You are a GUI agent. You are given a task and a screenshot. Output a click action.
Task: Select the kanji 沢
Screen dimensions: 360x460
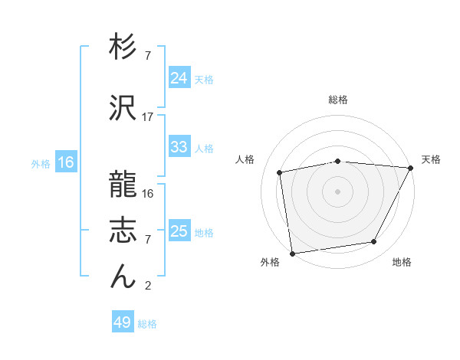[123, 109]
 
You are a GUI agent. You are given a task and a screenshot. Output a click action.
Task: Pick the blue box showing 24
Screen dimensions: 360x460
[179, 78]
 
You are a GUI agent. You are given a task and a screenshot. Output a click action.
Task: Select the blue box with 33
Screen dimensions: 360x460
[179, 147]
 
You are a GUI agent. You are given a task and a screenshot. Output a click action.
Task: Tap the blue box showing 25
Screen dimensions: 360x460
[179, 231]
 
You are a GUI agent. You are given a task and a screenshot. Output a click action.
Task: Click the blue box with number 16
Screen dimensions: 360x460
[65, 162]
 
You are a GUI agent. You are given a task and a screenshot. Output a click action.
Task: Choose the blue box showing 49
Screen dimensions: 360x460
[123, 322]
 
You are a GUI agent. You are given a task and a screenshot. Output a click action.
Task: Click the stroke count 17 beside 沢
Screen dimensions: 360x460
[148, 117]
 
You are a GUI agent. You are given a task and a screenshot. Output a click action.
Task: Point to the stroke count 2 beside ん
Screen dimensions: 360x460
[148, 286]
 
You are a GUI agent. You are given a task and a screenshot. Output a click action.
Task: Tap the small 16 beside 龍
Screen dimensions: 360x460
[148, 194]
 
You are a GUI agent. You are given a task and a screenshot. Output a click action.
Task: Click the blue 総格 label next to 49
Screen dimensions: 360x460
[147, 324]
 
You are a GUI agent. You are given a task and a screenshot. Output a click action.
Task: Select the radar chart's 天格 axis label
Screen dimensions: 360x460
[431, 159]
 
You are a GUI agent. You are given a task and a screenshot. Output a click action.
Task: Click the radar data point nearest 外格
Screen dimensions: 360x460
[292, 253]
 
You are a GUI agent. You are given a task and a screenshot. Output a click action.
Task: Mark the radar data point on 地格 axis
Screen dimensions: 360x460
[374, 242]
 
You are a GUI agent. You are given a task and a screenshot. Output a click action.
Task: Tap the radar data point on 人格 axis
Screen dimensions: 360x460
[281, 172]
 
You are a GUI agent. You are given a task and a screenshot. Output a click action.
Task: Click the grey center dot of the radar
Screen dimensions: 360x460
[338, 191]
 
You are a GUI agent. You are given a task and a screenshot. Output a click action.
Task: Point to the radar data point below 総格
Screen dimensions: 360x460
[338, 161]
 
